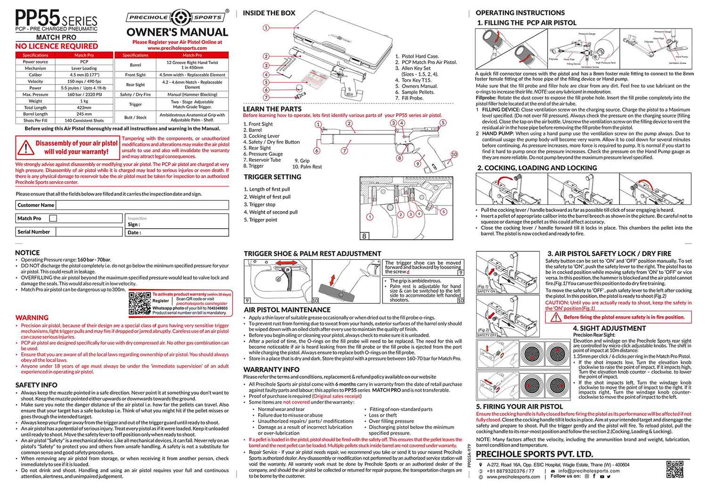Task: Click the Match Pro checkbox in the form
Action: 53,218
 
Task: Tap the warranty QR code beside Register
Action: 140,303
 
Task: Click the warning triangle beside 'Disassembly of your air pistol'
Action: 24,148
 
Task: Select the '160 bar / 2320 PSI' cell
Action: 84,94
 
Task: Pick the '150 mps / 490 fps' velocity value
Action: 84,81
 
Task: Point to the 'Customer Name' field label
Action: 36,205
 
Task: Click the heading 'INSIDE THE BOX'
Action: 269,13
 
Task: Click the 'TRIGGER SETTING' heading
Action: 272,177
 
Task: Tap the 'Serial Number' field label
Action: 33,232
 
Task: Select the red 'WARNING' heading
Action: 32,318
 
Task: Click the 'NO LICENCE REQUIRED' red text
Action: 57,46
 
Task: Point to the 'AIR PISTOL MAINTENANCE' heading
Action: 287,310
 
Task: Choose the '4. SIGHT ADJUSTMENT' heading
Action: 609,328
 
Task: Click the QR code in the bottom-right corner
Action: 674,470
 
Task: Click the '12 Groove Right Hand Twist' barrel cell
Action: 192,65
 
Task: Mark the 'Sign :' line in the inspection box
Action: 134,224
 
